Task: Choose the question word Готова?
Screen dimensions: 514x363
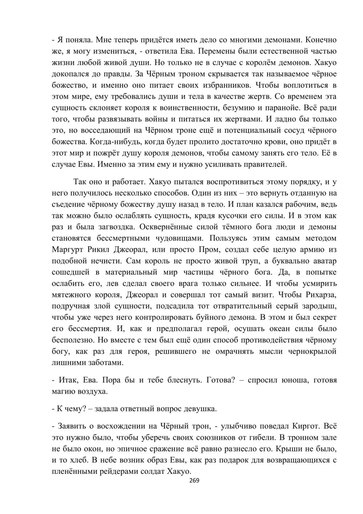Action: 221,380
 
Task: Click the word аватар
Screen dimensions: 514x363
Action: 322,261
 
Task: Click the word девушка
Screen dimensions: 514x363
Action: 201,409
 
